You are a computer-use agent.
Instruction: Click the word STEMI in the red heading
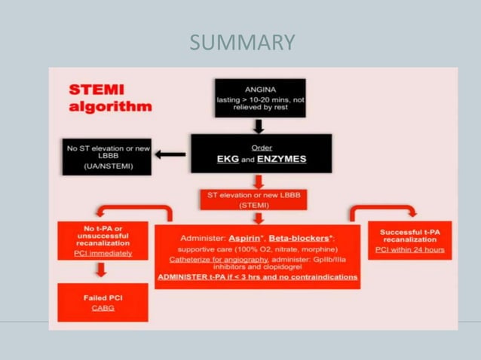coord(97,89)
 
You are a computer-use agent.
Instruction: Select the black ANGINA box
coord(259,98)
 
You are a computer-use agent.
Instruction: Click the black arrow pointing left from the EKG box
coord(172,154)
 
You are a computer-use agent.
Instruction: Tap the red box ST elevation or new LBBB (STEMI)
coord(259,199)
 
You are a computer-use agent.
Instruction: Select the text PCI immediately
coord(103,253)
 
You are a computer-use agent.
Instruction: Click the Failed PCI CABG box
coord(103,303)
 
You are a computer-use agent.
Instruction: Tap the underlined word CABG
coord(103,308)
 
